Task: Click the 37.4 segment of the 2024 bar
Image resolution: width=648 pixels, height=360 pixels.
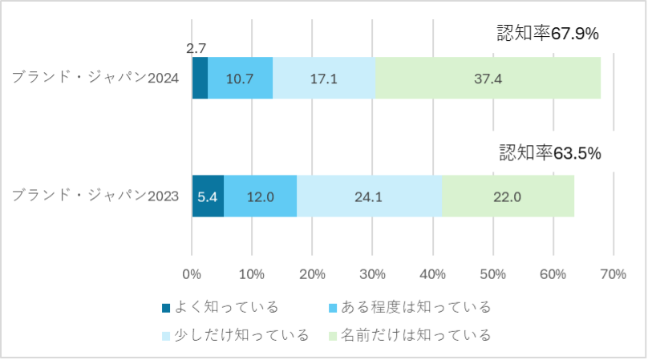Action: coord(488,79)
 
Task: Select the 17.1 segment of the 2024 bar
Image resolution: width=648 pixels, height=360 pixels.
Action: coord(324,79)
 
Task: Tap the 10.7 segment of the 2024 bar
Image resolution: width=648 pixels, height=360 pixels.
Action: coord(241,79)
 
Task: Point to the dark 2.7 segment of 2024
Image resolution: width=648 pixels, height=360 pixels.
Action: coord(200,79)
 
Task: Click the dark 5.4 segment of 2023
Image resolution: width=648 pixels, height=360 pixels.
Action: coord(208,196)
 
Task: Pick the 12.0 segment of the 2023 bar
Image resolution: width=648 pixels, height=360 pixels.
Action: coord(260,196)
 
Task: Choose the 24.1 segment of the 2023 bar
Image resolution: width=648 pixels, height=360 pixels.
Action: coord(370,196)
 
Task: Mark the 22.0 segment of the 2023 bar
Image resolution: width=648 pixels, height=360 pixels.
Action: coord(508,196)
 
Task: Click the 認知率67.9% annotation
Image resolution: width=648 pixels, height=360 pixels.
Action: coord(549,34)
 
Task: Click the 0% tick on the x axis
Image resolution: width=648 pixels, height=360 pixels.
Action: coord(192,273)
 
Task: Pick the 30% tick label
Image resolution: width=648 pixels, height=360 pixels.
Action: coord(372,273)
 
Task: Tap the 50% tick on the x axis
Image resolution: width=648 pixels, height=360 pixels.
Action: coord(492,273)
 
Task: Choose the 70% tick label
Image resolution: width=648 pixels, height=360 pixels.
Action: coord(613,273)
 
